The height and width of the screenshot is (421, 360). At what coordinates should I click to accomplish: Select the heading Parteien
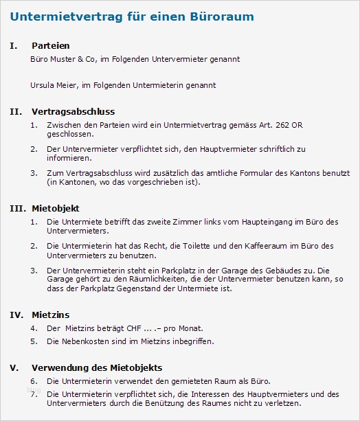point(50,46)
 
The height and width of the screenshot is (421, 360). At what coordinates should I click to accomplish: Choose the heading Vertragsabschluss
point(73,111)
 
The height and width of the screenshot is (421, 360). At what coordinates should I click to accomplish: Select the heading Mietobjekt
point(56,207)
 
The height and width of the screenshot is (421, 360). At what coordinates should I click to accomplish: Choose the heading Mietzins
point(50,315)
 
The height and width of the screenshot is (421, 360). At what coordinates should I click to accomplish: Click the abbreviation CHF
point(127,328)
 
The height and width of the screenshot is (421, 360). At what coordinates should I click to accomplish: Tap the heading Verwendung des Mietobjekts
point(97,367)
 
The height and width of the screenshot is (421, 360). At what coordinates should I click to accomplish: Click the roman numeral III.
point(18,207)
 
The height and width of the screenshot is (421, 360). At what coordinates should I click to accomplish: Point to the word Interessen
point(218,394)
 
